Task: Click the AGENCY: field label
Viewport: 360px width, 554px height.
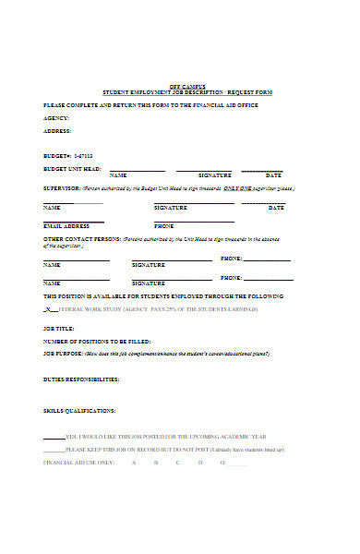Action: click(56, 118)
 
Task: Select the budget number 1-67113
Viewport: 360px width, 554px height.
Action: click(83, 155)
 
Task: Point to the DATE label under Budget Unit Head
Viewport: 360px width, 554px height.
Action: click(273, 175)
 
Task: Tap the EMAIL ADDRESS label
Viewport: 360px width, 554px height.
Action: click(66, 226)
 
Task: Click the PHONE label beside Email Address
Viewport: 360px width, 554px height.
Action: click(163, 226)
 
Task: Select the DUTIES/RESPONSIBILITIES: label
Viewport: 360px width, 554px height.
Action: click(81, 379)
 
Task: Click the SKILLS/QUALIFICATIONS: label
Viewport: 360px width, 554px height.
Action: click(79, 410)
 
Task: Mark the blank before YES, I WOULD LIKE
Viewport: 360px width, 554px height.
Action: click(54, 436)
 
